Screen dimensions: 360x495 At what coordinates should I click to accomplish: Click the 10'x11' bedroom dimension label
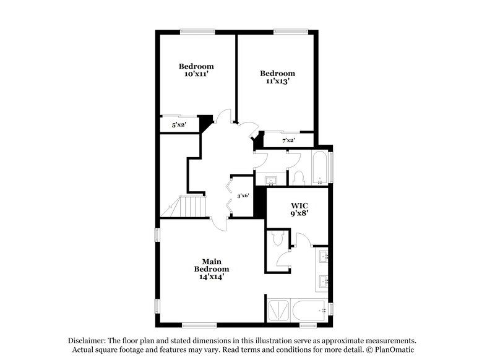(x=196, y=74)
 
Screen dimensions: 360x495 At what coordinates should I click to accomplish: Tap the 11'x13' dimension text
(x=276, y=80)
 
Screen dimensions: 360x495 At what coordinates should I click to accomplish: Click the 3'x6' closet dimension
(x=243, y=195)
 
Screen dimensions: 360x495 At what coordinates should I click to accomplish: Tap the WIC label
(x=299, y=205)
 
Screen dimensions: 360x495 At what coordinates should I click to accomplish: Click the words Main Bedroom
(x=212, y=265)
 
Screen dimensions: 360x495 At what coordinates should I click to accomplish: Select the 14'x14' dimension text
(x=212, y=277)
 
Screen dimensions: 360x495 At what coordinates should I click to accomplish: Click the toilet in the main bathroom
(x=277, y=238)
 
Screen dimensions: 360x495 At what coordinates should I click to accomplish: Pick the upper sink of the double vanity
(x=323, y=256)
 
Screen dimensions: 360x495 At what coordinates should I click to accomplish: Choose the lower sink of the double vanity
(x=323, y=283)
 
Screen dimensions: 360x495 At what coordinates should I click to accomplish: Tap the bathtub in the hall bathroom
(x=321, y=168)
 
